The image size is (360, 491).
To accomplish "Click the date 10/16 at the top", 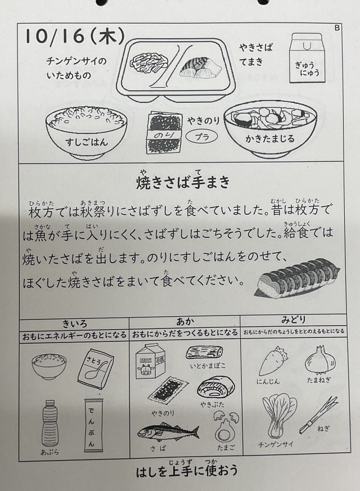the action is [54, 37].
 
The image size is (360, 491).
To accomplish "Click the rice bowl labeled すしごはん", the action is [87, 131].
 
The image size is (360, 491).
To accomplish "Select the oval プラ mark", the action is [202, 137].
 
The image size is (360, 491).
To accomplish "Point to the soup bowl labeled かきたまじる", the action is [270, 128].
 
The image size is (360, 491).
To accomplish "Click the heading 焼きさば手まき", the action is [183, 182].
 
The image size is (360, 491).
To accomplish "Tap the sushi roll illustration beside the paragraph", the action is [298, 277].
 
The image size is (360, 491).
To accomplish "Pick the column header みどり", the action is [293, 320].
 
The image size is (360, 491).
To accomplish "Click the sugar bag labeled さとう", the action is [96, 368].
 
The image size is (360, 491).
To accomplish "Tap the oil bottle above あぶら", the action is [50, 423].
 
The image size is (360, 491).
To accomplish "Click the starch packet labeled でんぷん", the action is [93, 425].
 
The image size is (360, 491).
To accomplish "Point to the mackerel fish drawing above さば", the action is [168, 432].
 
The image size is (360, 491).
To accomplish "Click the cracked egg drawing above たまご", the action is [226, 426].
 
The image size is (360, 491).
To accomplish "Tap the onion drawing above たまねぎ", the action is [320, 360].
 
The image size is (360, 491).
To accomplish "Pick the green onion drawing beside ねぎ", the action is [318, 415].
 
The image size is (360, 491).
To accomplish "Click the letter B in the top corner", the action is [337, 28].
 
